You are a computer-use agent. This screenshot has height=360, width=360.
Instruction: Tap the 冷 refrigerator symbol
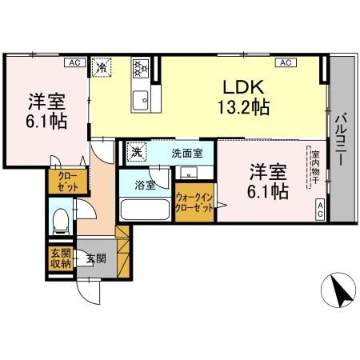[x=102, y=67]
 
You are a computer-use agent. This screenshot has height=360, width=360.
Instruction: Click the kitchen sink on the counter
[x=140, y=100]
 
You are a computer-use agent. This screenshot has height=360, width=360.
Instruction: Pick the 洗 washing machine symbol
[x=137, y=151]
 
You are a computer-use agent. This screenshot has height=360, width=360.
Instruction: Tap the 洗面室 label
[x=186, y=152]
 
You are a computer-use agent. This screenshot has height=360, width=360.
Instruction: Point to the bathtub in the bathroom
[x=144, y=210]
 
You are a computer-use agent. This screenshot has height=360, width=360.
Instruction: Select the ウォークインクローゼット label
[x=194, y=202]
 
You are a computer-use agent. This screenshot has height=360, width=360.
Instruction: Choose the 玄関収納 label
[x=59, y=260]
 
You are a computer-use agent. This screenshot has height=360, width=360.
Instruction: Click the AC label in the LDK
[x=283, y=62]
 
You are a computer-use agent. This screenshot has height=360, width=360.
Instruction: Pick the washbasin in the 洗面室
[x=190, y=172]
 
